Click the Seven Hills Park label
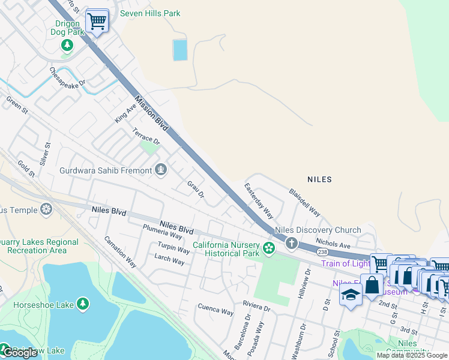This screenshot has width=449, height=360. click(x=150, y=13)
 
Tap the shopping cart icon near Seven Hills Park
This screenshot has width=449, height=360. click(x=96, y=22)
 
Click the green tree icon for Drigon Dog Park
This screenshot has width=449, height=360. click(x=67, y=46)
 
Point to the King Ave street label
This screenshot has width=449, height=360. click(x=127, y=111)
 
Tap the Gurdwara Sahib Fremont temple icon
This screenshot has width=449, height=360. click(x=160, y=170)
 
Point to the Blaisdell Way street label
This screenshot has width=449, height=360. click(x=304, y=203)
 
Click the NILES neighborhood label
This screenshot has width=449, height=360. click(x=319, y=179)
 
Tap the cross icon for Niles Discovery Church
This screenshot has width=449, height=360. click(x=292, y=243)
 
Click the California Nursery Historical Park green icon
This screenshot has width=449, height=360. click(x=269, y=247)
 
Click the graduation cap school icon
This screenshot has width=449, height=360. click(x=351, y=295)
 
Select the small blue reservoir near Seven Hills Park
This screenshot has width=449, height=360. click(x=180, y=50)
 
